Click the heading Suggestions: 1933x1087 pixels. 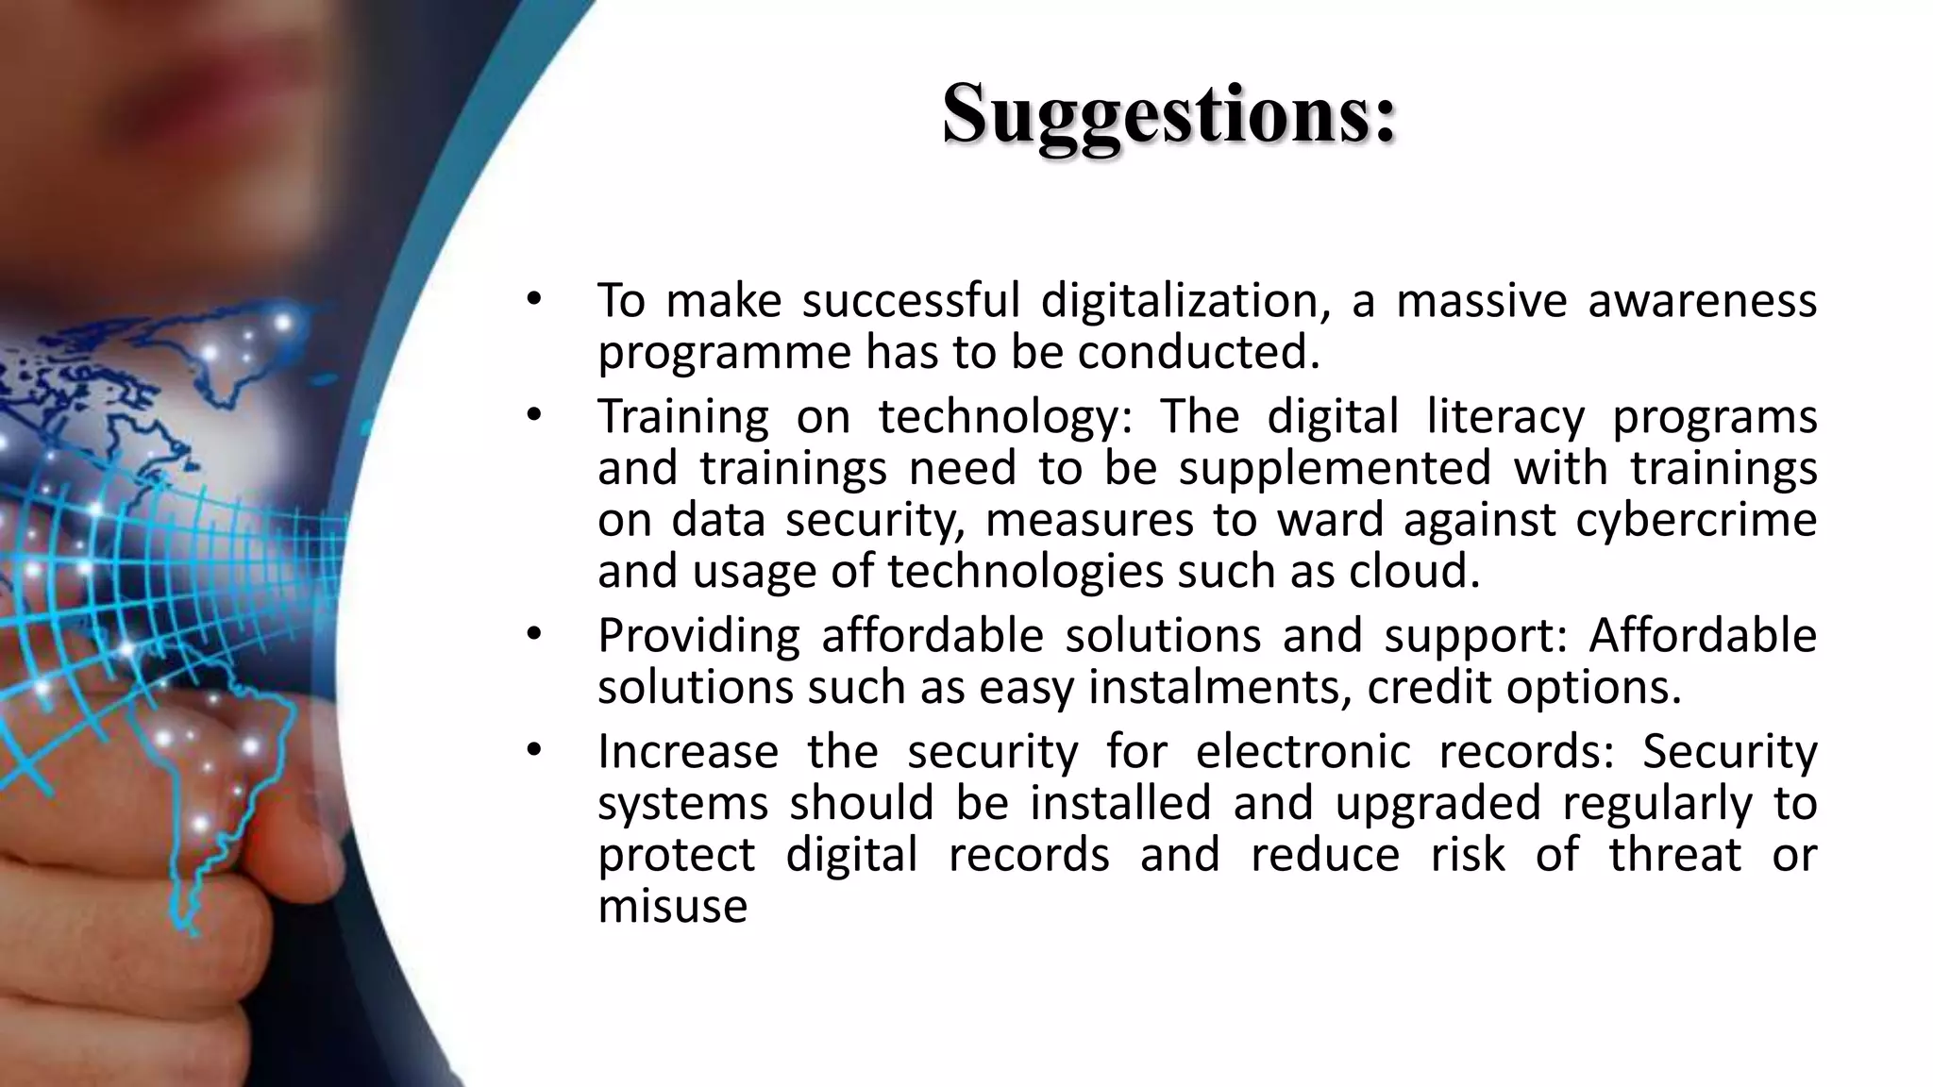coord(1168,115)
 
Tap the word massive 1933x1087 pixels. coord(1482,301)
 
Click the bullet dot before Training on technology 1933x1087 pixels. coord(534,415)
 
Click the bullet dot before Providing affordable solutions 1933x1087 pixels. coord(534,634)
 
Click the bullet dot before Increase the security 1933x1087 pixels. coord(534,750)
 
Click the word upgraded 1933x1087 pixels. coord(1437,804)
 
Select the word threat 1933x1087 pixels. coord(1675,855)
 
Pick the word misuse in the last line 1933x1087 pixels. coord(673,906)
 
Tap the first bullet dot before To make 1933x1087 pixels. coord(534,300)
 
